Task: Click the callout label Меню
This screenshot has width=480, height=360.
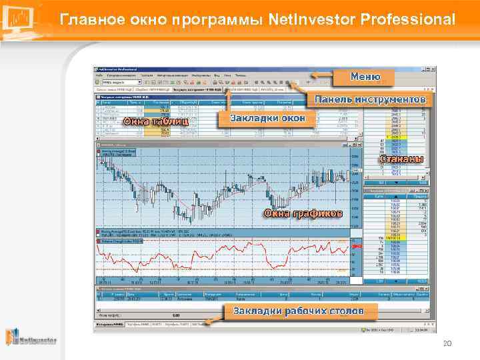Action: coord(365,77)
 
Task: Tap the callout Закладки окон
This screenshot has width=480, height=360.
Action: coord(267,118)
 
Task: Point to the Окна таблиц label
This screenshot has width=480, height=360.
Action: coord(156,121)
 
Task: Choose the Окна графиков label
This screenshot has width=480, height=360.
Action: coord(303,213)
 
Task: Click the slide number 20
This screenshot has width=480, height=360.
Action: coord(447,343)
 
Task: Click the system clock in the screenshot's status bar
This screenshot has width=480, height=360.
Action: coord(422,329)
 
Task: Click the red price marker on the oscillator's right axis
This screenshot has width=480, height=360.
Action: coord(355,247)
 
